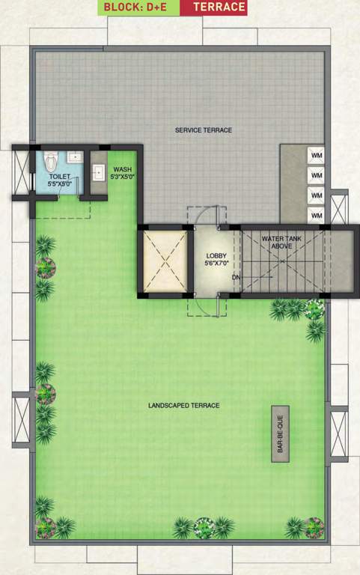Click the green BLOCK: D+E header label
click(x=141, y=7)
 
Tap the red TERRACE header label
click(x=219, y=7)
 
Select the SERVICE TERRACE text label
click(x=204, y=130)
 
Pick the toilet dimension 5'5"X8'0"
click(x=60, y=183)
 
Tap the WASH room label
click(x=122, y=170)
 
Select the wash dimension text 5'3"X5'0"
click(x=122, y=177)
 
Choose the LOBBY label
click(x=216, y=256)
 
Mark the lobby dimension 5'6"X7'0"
click(x=216, y=264)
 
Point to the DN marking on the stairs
click(x=236, y=277)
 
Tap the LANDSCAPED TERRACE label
click(x=183, y=406)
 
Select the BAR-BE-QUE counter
click(x=280, y=434)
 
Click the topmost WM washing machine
click(x=317, y=155)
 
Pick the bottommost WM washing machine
click(x=317, y=216)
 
